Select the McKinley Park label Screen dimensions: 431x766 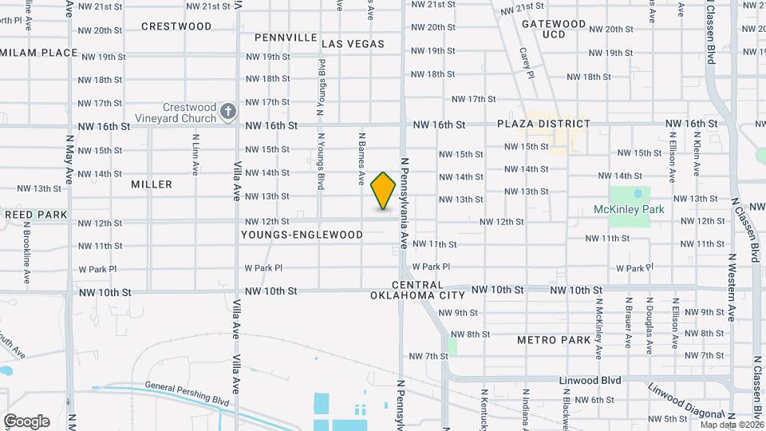629,210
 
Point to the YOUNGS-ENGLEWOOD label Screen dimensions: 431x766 302,235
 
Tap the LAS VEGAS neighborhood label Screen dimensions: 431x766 353,44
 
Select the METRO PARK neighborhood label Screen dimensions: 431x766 553,340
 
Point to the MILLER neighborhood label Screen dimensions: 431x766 152,184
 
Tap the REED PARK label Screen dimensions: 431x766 36,215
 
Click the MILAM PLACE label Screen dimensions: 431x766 39,53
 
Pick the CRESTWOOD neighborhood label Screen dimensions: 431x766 176,26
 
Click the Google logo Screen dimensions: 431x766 26,421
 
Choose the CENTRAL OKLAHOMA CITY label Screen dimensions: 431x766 417,290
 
